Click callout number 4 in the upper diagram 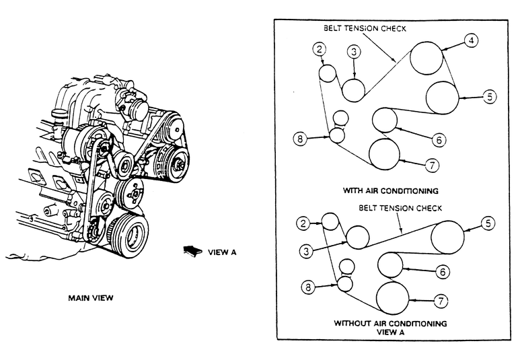471,40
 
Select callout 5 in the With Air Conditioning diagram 489,97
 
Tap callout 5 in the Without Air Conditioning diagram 488,223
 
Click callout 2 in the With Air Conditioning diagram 319,50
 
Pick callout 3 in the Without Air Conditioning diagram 306,251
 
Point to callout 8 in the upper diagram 300,139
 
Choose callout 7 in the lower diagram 441,301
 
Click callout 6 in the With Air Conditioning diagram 439,140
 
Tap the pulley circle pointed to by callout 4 426,58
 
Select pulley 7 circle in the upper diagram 384,154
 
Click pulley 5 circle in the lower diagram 447,237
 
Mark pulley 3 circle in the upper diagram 353,89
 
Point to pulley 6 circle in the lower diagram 390,264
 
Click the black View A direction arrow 192,251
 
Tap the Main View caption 91,298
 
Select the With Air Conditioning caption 390,190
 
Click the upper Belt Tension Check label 365,28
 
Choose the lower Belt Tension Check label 400,208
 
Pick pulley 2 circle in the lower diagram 330,221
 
